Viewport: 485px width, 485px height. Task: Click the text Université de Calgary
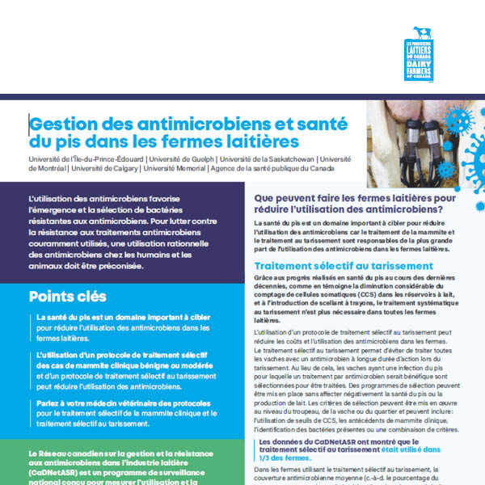[106, 169]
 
